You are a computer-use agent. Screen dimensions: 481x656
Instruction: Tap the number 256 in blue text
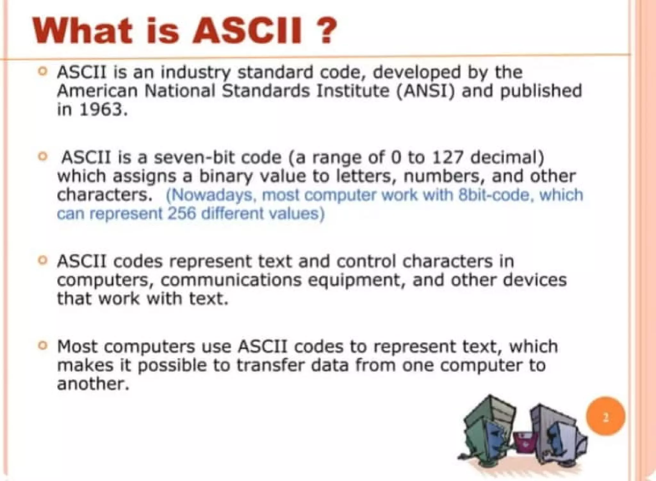click(181, 214)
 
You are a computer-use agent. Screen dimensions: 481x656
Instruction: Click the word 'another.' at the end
click(93, 384)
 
